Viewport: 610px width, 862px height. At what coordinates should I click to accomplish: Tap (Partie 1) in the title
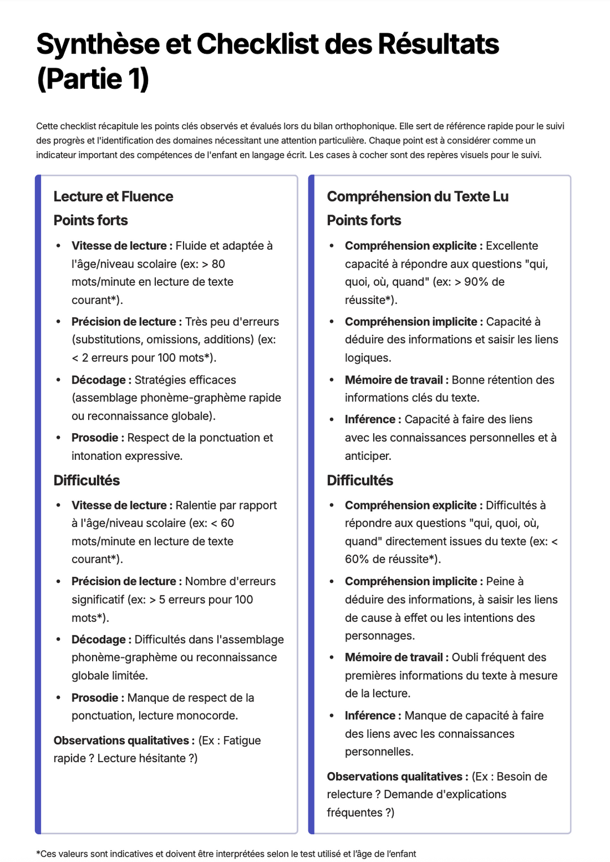pyautogui.click(x=93, y=79)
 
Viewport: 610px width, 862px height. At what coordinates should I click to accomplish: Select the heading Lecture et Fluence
pyautogui.click(x=113, y=197)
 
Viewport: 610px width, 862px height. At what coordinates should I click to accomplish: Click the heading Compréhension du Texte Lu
pyautogui.click(x=417, y=197)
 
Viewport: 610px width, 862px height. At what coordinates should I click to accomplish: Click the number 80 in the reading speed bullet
pyautogui.click(x=219, y=264)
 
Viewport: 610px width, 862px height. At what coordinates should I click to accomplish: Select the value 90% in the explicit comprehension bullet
pyautogui.click(x=477, y=282)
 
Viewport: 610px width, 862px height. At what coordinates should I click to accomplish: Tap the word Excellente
pyautogui.click(x=512, y=246)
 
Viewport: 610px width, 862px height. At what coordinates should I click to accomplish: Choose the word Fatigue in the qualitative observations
pyautogui.click(x=242, y=741)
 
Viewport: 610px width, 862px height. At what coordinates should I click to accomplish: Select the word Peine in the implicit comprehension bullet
pyautogui.click(x=500, y=581)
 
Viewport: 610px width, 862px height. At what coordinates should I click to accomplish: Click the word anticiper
pyautogui.click(x=368, y=456)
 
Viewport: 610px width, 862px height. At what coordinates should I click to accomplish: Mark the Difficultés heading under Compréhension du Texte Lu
pyautogui.click(x=360, y=481)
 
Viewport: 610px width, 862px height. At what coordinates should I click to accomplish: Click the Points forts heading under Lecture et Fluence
pyautogui.click(x=90, y=220)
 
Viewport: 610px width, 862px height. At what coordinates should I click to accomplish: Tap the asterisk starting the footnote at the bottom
pyautogui.click(x=38, y=853)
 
